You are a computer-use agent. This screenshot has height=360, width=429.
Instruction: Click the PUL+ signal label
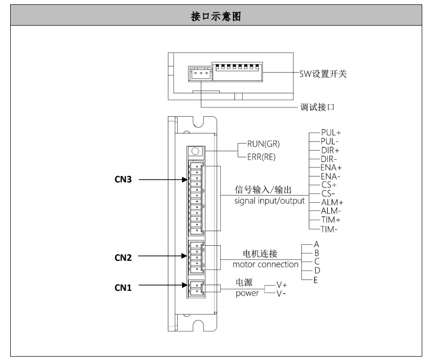[x=330, y=131]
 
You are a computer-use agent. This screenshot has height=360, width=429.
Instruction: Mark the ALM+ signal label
[x=330, y=202]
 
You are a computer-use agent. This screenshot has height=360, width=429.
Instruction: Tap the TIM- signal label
[x=329, y=229]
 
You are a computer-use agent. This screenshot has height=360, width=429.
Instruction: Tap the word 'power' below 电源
[x=247, y=293]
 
